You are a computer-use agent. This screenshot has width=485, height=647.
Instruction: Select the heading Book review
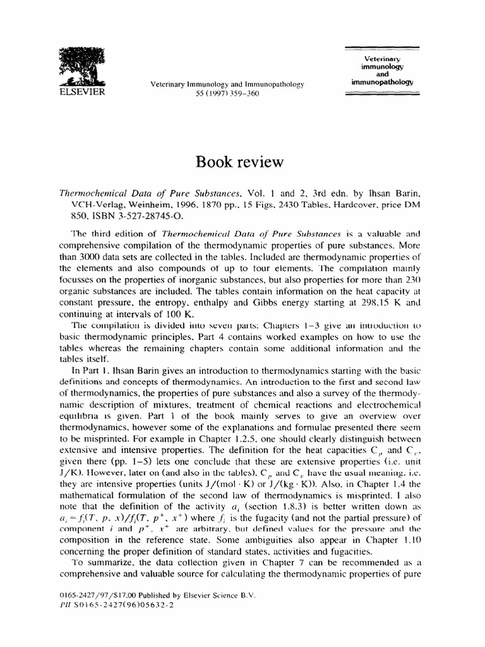coord(242,162)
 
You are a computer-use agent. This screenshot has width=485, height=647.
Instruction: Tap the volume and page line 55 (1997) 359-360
coord(226,94)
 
